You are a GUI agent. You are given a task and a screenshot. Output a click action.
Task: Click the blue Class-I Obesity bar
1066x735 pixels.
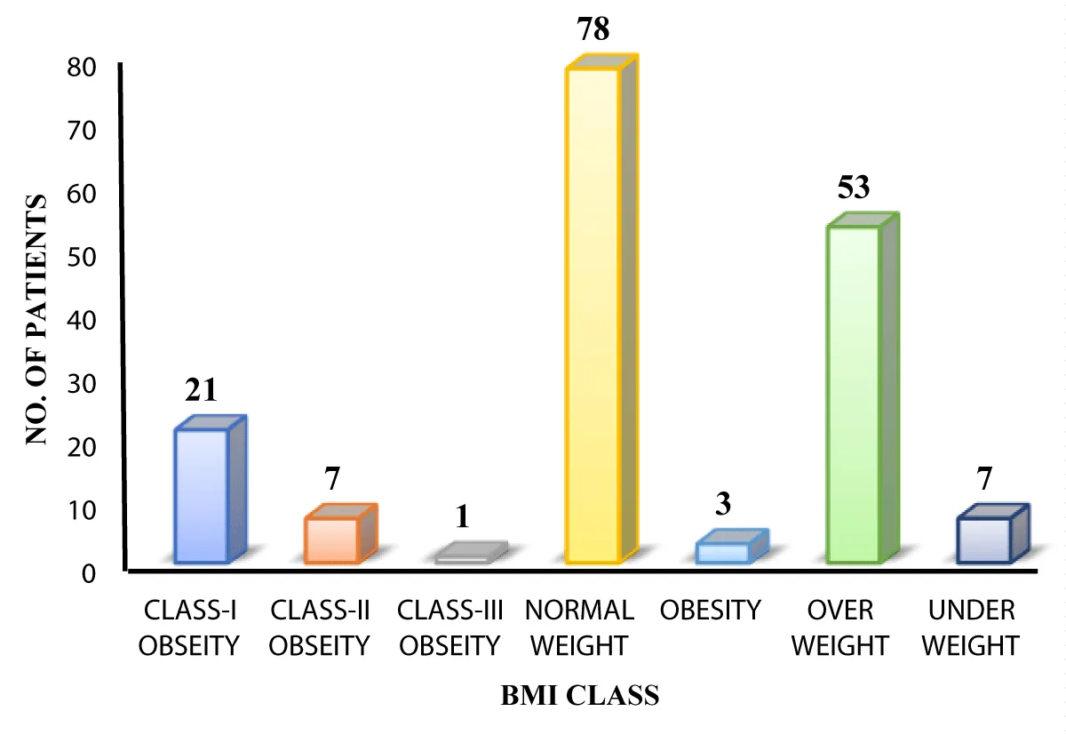click(x=203, y=495)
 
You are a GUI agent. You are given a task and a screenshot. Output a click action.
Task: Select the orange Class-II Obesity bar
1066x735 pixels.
click(x=331, y=539)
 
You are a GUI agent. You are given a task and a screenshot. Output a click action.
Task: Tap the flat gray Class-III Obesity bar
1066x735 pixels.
click(x=463, y=557)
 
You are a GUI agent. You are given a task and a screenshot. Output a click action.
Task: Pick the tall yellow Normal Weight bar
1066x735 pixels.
click(x=593, y=316)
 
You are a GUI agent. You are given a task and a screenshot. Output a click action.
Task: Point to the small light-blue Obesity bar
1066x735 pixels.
click(x=722, y=552)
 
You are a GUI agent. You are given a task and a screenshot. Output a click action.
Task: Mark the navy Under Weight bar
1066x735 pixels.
click(x=984, y=539)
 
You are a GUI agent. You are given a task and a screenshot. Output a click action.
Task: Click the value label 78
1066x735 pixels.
click(x=593, y=30)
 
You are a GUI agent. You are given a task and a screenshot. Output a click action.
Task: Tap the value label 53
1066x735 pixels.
click(x=853, y=188)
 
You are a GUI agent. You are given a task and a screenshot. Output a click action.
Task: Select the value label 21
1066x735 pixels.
click(x=203, y=391)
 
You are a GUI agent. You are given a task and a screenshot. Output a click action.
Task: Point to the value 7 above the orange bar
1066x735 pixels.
click(x=332, y=479)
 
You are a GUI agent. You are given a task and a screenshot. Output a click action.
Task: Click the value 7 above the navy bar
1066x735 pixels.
click(x=985, y=479)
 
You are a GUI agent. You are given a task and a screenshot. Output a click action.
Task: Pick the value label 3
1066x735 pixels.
click(x=723, y=505)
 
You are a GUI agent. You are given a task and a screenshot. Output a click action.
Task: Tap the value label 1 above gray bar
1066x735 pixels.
click(x=463, y=517)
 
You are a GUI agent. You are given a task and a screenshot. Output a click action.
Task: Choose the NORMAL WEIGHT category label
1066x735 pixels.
click(x=579, y=627)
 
